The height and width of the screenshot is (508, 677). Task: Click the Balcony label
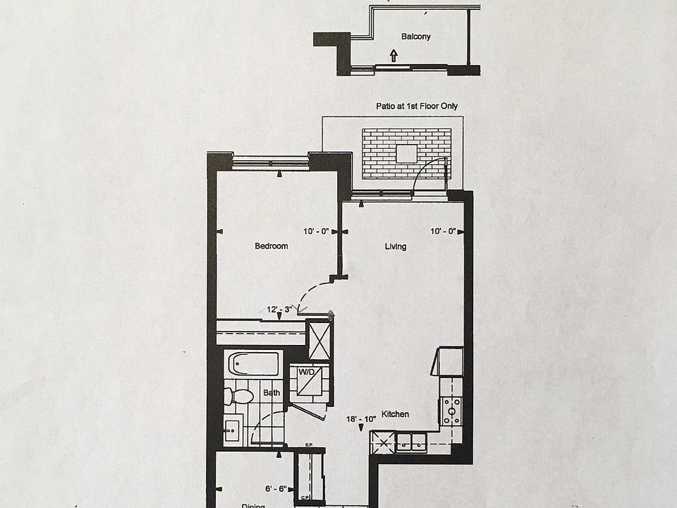[415, 37]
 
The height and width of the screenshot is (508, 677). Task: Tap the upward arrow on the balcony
[394, 54]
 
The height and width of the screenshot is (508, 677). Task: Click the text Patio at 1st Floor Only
[416, 106]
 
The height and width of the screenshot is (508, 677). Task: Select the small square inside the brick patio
[406, 153]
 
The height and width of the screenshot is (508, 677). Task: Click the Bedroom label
[272, 246]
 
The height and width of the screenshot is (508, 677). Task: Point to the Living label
[395, 246]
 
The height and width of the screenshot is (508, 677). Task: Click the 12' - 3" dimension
[279, 309]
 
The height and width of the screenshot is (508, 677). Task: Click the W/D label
[306, 370]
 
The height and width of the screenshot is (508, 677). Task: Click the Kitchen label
[395, 414]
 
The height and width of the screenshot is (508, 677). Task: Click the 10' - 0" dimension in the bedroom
[316, 231]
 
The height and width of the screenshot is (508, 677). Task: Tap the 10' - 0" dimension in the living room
[443, 231]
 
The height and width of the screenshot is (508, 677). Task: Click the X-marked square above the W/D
[320, 340]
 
